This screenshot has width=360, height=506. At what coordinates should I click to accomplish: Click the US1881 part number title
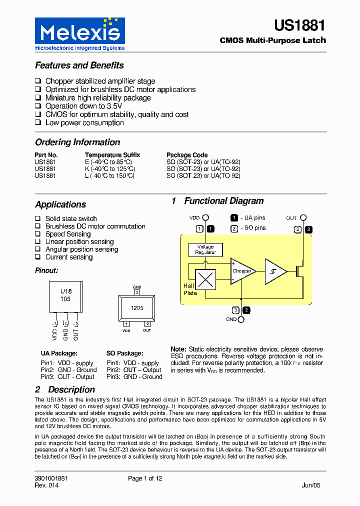(299, 26)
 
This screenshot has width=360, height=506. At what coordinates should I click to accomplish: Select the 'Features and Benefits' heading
(79, 65)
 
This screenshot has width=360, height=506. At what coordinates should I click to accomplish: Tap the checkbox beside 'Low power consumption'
(38, 123)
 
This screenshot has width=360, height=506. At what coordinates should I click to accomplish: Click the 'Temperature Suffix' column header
(112, 155)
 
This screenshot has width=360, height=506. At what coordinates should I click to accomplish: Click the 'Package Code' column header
(187, 155)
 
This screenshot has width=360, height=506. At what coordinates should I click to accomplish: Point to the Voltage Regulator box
(205, 249)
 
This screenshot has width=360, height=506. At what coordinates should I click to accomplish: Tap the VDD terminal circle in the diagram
(205, 218)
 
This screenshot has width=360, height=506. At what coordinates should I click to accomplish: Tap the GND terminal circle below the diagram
(241, 319)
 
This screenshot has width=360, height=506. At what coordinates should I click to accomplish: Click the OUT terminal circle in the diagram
(303, 218)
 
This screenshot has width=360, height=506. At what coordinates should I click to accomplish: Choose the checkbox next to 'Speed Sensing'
(38, 234)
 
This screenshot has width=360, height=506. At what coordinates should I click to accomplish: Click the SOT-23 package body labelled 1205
(136, 308)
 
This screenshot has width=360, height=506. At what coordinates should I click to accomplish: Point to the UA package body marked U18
(66, 295)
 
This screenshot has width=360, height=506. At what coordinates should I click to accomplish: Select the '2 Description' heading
(65, 389)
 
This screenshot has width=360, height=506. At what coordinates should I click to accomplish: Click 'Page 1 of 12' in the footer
(145, 478)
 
